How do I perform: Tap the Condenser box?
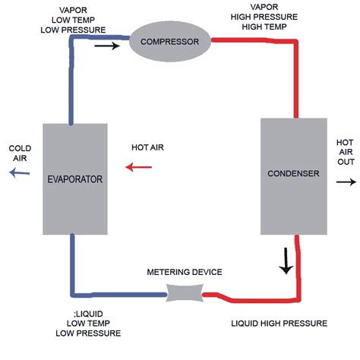[293, 174]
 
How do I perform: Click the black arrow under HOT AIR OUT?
[346, 182]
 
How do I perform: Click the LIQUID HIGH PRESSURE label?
[279, 323]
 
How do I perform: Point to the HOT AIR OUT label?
[345, 153]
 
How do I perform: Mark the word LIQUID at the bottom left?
[78, 314]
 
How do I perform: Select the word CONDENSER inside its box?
[293, 174]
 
